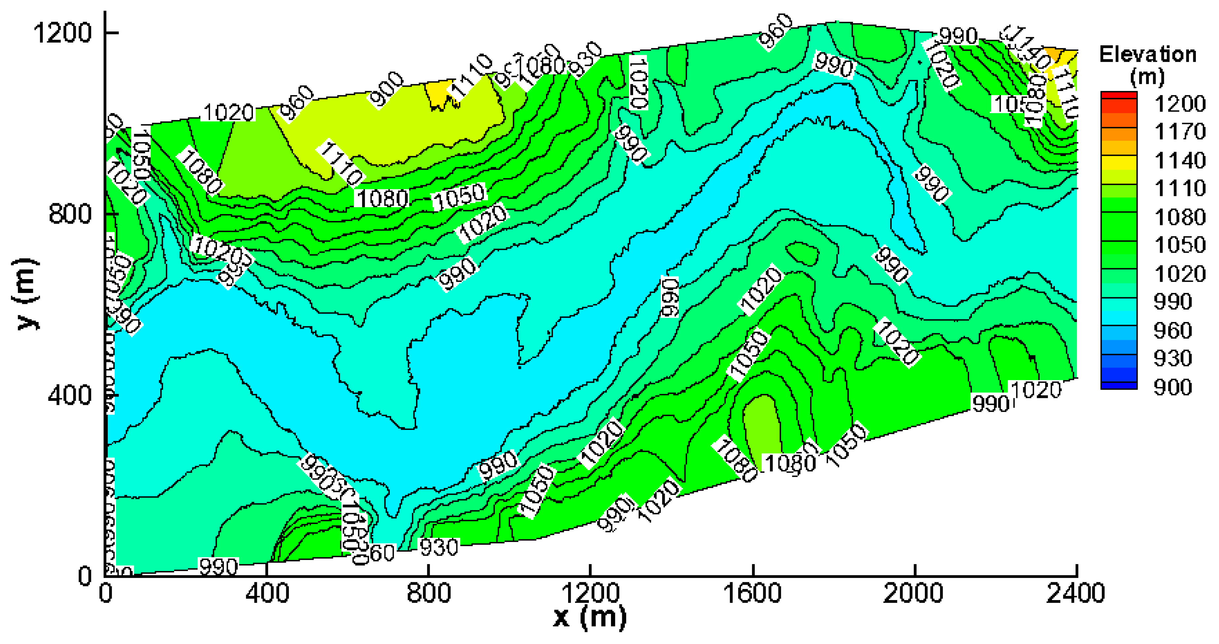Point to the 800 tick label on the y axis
70,214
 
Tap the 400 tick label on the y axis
70,395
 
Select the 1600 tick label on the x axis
752,593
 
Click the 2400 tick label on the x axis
1075,593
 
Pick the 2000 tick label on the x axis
913,593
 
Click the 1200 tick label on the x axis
590,593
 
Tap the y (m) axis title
26,294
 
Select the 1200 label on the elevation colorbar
1180,104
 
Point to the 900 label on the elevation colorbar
1173,387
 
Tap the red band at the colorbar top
1119,96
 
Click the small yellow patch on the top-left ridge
438,92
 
